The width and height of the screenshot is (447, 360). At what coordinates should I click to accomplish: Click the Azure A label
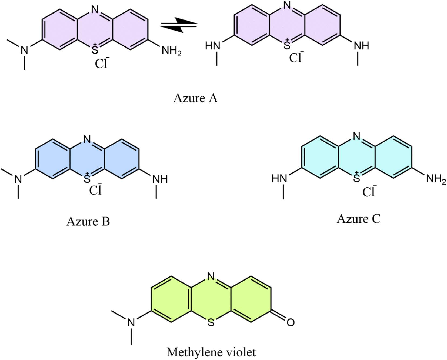(195, 98)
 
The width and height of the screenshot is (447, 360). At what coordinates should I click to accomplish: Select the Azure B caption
(88, 221)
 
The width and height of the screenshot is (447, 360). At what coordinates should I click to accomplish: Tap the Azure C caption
(359, 219)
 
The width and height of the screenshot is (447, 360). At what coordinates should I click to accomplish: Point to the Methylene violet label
(211, 352)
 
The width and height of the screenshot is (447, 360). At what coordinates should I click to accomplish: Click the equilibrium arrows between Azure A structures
(179, 25)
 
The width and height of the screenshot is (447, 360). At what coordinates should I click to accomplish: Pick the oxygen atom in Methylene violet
(291, 322)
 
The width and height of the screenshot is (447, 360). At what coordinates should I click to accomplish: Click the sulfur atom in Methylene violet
(211, 322)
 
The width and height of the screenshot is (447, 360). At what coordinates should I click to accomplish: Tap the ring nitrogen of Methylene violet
(211, 276)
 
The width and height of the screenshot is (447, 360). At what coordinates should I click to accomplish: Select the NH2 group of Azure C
(436, 179)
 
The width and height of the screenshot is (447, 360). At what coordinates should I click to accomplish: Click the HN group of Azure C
(279, 179)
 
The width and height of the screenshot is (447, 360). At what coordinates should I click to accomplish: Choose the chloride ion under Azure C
(369, 192)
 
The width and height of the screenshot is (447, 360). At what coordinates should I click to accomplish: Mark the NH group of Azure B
(160, 179)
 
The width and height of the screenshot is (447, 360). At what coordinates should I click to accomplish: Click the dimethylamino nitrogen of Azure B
(18, 179)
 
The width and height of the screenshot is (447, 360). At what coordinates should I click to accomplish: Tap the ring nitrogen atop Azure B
(87, 139)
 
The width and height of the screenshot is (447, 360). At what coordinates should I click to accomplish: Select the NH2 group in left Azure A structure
(172, 51)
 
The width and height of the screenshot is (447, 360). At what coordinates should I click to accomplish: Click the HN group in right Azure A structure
(213, 46)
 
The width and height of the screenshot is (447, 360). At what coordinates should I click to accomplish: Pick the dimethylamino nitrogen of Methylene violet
(131, 322)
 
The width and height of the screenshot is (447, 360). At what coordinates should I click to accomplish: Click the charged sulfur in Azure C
(357, 177)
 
